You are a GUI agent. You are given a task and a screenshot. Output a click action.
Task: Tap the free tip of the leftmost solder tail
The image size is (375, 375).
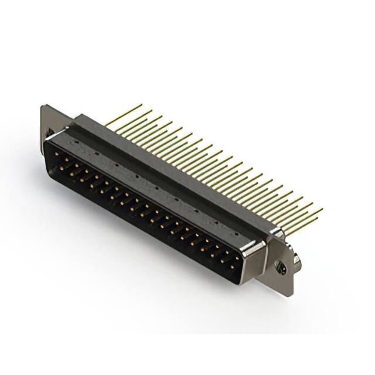(x=141, y=105)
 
